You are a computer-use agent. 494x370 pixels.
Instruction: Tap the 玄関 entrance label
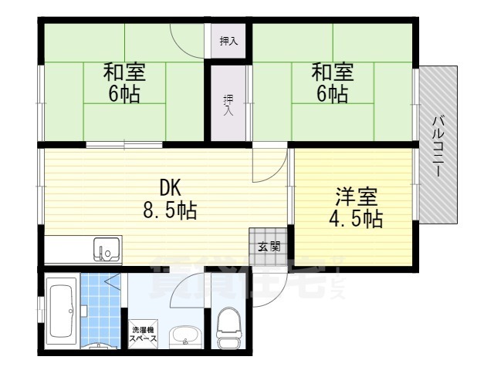(269, 247)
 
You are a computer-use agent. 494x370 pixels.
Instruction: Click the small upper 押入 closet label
(228, 42)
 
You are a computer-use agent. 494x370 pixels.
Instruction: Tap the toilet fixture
(229, 330)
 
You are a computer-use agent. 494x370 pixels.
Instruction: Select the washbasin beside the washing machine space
(183, 336)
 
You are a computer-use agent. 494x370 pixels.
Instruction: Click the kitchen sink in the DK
(107, 250)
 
